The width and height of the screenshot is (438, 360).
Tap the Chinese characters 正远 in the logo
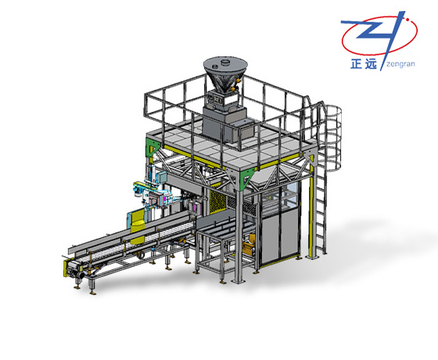point(364,64)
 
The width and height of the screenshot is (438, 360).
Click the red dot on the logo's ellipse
point(407,20)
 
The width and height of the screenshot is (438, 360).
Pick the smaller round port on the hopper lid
point(215,67)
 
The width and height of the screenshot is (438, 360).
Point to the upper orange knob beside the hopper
point(239,80)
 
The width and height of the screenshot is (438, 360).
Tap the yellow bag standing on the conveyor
point(138,226)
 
